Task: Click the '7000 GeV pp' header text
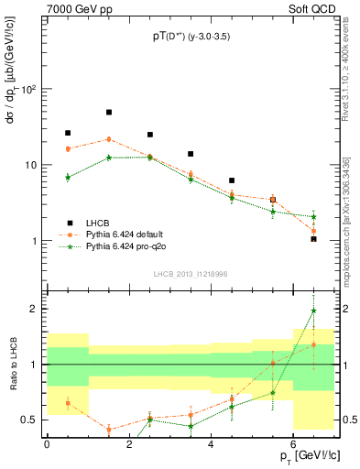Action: coord(75,8)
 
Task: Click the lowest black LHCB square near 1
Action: coord(313,239)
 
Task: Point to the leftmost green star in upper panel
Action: coord(68,177)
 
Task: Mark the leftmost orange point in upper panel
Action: coord(68,148)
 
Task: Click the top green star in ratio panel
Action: coord(313,311)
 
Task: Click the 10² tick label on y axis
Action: coord(29,90)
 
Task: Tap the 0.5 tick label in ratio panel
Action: coord(31,420)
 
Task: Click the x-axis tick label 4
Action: coord(211,444)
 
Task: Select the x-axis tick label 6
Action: coord(293,444)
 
